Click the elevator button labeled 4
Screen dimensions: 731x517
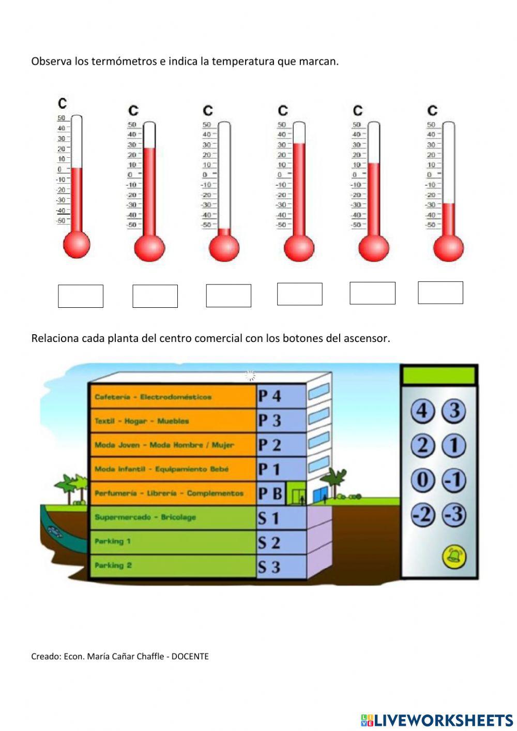pos(423,411)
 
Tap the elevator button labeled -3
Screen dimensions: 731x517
pos(454,515)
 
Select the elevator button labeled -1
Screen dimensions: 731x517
pos(454,480)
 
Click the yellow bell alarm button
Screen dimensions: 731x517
pos(454,557)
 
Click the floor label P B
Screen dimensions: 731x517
pos(270,494)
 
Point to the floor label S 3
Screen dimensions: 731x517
pos(269,567)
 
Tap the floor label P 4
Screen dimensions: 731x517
pos(270,396)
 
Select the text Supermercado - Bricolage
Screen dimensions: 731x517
pos(145,517)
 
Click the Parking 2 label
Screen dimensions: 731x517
pos(113,565)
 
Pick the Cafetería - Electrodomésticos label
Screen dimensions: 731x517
pos(153,397)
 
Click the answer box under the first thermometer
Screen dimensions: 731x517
pos(81,296)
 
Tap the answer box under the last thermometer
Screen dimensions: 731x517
pos(440,293)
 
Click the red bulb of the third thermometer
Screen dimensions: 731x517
pos(224,248)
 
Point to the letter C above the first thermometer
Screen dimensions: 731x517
pos(62,103)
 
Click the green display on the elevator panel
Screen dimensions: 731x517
pos(438,375)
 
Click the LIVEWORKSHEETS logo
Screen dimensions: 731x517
pos(437,720)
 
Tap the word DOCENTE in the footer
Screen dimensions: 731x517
pos(190,657)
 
